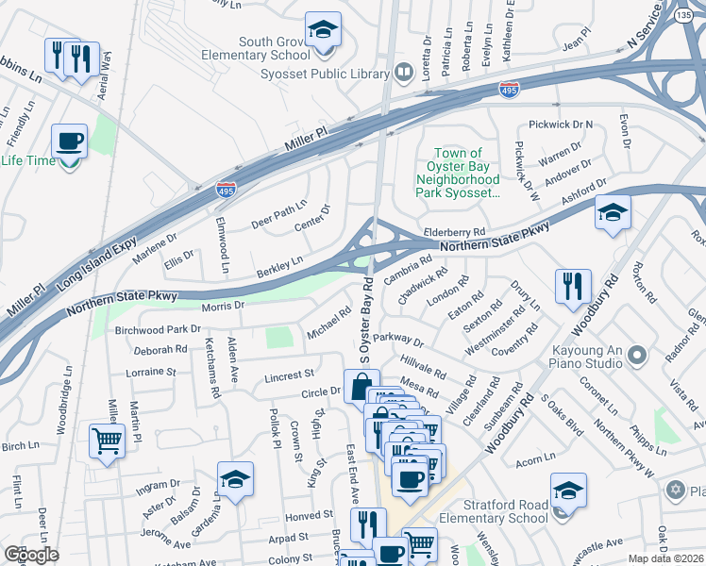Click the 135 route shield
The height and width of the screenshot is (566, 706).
683,15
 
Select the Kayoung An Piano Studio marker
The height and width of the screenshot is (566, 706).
638,356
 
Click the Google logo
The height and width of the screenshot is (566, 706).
31,555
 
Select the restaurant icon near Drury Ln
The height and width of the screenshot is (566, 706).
573,288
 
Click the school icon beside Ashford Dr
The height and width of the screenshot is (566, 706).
612,214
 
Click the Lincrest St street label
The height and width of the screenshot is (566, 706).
288,376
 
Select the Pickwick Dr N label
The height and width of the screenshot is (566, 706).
560,125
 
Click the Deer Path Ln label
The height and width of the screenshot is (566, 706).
279,214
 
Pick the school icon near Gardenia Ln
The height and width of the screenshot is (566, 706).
235,480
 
